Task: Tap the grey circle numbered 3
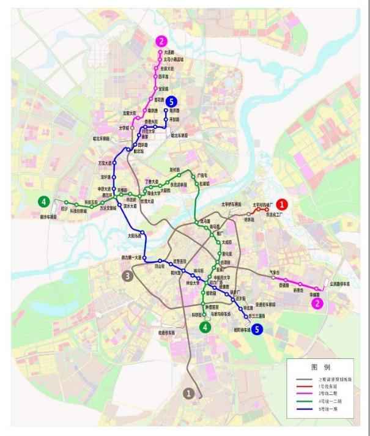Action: [x=128, y=276]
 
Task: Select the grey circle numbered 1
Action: [x=190, y=393]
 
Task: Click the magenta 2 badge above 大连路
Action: [x=161, y=42]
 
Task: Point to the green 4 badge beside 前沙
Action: [x=43, y=201]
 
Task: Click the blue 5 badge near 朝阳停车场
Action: [x=257, y=330]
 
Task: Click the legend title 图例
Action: [x=320, y=368]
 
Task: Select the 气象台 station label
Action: [x=275, y=272]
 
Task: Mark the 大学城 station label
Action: [x=124, y=128]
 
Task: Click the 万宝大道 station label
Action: [x=107, y=163]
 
